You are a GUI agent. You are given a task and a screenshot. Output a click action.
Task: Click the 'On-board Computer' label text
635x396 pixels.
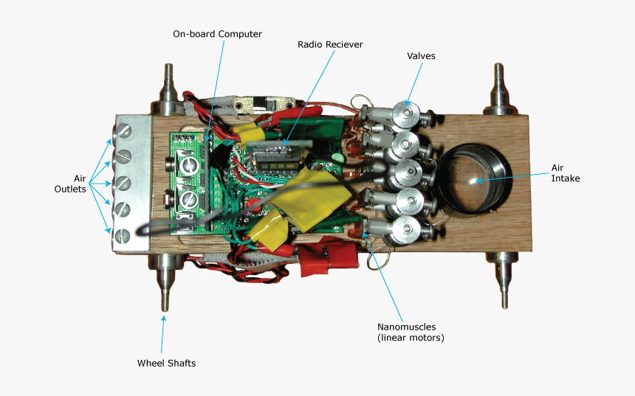click(x=217, y=34)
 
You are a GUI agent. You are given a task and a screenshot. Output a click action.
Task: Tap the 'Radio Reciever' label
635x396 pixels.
click(x=330, y=44)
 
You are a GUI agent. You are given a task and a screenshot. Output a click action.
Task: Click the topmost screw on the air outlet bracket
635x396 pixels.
click(x=123, y=131)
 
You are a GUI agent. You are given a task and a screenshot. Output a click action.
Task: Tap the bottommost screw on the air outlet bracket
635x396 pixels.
click(x=123, y=235)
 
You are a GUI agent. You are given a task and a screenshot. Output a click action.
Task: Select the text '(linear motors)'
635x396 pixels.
click(x=411, y=338)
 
